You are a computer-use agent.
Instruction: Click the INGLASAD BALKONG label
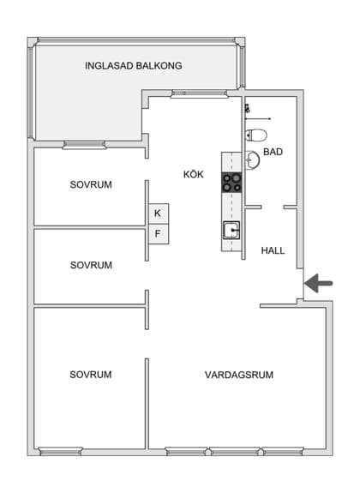(x=134, y=66)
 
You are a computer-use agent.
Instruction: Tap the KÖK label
(x=195, y=174)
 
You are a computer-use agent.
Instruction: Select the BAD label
(x=273, y=152)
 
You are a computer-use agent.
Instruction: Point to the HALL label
(x=273, y=250)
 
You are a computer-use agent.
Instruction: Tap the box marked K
(x=158, y=213)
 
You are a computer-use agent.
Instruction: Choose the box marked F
(x=158, y=233)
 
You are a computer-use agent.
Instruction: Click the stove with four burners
(x=232, y=182)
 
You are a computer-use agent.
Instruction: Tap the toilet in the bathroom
(x=255, y=135)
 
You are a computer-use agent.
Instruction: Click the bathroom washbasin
(x=251, y=159)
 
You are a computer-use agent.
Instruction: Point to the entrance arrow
(x=321, y=282)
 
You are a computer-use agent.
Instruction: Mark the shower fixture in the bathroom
(x=248, y=109)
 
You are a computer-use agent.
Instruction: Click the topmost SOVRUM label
(x=91, y=184)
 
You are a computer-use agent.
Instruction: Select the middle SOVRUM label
(x=91, y=265)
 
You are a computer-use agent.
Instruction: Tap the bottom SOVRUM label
(x=91, y=375)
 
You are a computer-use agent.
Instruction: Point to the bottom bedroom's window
(x=66, y=451)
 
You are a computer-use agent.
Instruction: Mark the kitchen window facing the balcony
(x=194, y=94)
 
